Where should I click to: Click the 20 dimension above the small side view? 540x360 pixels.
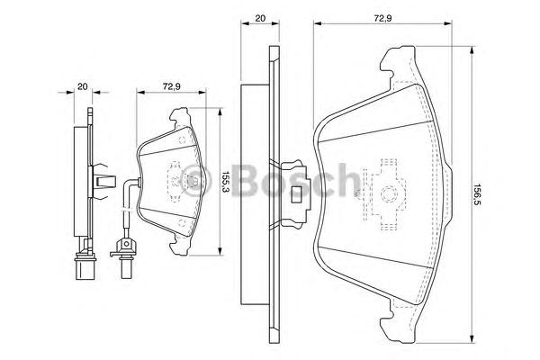click(82, 86)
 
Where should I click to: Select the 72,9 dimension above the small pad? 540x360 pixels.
click(168, 86)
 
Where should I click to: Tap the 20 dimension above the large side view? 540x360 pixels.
click(259, 17)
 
